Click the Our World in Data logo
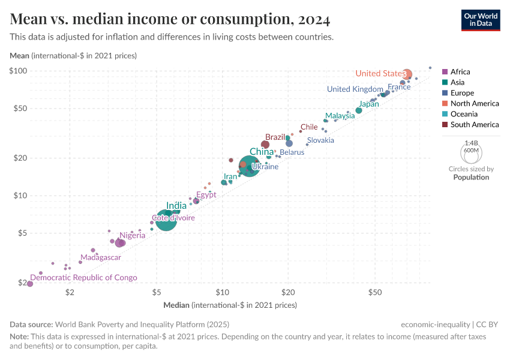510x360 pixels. coord(480,19)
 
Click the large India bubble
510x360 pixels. coord(166,220)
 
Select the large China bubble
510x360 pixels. coord(249,165)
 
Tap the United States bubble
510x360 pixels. coord(407,74)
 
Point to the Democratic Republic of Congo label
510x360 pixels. coord(83,278)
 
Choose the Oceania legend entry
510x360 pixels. coord(464,114)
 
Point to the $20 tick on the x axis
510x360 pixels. coord(287,292)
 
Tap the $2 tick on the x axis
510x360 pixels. coord(70,292)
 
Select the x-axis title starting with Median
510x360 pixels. coord(230,305)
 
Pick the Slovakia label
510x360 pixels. coord(320,140)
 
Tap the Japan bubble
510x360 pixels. coord(359,110)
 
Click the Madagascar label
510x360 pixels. coord(101,257)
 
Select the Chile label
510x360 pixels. coord(309,127)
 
